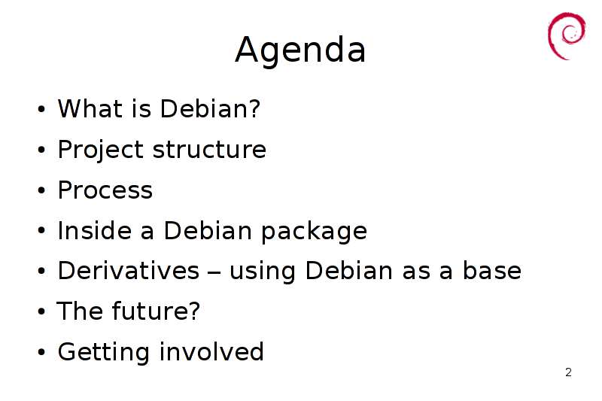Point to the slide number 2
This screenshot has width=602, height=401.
[x=569, y=372]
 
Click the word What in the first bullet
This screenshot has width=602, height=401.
[x=90, y=108]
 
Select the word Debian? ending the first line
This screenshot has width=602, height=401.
[x=210, y=108]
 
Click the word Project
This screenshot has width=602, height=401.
[x=101, y=150]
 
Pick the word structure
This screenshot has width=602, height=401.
[x=210, y=150]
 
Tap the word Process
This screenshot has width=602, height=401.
[x=105, y=190]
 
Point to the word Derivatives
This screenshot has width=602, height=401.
[x=129, y=271]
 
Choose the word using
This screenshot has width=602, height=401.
[x=263, y=272]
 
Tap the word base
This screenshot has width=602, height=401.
[x=492, y=270]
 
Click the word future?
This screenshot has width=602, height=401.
[x=156, y=311]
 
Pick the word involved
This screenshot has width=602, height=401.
[x=212, y=351]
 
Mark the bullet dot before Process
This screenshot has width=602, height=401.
[x=41, y=190]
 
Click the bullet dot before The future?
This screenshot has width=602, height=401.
[x=41, y=311]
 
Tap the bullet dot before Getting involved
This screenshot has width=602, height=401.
[x=41, y=352]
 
